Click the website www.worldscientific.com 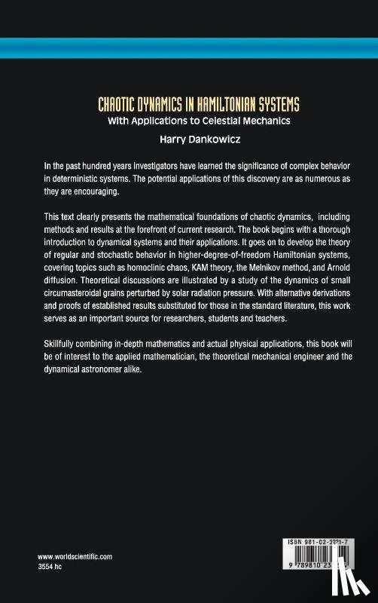tap(75, 556)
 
